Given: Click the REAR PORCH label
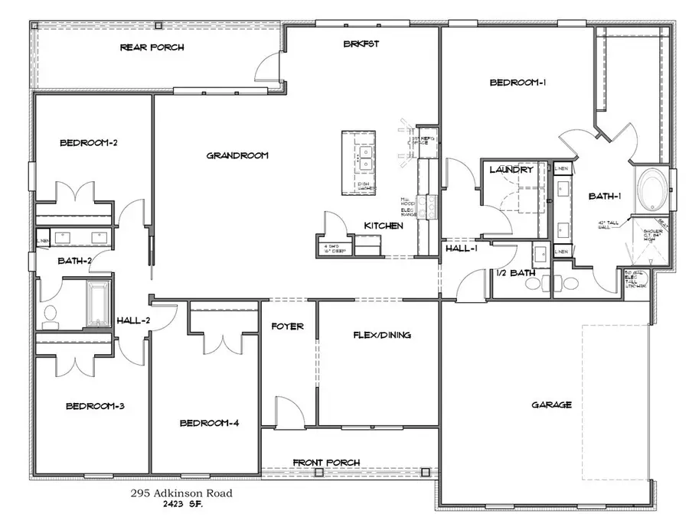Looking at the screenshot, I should tap(152, 47).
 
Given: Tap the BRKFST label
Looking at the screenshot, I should tap(361, 44).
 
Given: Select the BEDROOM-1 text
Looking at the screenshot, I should tap(517, 83).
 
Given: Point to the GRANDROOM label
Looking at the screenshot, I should tap(237, 155).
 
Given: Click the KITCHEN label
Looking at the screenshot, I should tap(384, 226).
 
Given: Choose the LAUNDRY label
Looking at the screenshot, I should tap(511, 169).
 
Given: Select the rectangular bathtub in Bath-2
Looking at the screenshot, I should tap(98, 304).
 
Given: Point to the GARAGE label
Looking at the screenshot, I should tap(552, 405).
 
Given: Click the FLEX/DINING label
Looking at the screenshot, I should tap(382, 335).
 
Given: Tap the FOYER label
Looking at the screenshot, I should tap(288, 327).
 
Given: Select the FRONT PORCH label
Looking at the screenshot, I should tap(327, 463).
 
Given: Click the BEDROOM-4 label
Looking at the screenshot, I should tap(210, 423).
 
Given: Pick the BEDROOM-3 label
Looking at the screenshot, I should tap(95, 405).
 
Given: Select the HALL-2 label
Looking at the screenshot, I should tap(133, 320).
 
